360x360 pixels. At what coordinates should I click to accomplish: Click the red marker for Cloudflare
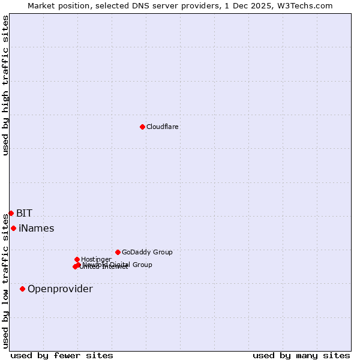pyautogui.click(x=142, y=127)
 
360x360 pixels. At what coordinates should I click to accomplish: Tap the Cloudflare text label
pyautogui.click(x=163, y=127)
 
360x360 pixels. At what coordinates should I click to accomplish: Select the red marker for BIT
pyautogui.click(x=11, y=213)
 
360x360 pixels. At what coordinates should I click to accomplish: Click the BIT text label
pyautogui.click(x=24, y=213)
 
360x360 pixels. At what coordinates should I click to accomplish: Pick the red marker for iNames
pyautogui.click(x=13, y=228)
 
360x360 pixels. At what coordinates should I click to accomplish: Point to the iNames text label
pyautogui.click(x=36, y=228)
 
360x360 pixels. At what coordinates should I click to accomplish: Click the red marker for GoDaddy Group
pyautogui.click(x=118, y=252)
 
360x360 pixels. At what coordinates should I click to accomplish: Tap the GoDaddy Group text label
pyautogui.click(x=147, y=252)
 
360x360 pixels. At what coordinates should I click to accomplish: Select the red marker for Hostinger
pyautogui.click(x=77, y=259)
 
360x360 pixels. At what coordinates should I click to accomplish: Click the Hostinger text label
pyautogui.click(x=96, y=259)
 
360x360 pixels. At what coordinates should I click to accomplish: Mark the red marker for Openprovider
pyautogui.click(x=22, y=289)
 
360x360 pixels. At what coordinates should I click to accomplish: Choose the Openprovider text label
pyautogui.click(x=60, y=289)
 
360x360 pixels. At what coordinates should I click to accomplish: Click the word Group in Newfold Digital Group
pyautogui.click(x=142, y=265)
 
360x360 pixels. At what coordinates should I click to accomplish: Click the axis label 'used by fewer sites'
pyautogui.click(x=62, y=355)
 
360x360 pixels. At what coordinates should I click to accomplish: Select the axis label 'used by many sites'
pyautogui.click(x=301, y=355)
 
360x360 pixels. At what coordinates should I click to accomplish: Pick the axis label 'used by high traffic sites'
pyautogui.click(x=5, y=85)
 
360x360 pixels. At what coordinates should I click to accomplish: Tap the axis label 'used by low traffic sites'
pyautogui.click(x=5, y=280)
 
